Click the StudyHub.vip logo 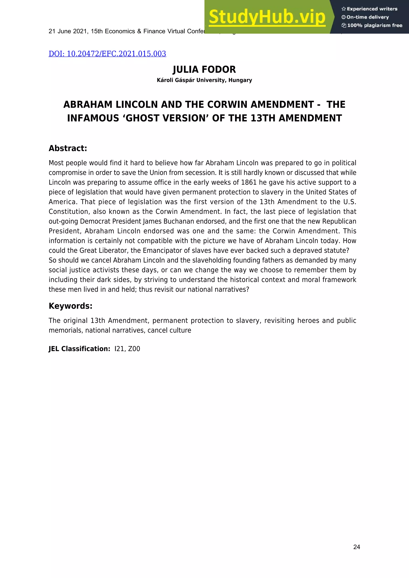pos(267,17)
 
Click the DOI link pos(107,54)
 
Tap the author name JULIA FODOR pos(204,69)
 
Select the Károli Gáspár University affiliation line pos(204,80)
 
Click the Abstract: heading pos(68,148)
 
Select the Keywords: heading pos(70,306)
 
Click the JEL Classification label pos(79,349)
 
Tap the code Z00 pos(134,349)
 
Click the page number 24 pos(357,547)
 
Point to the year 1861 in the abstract pos(249,182)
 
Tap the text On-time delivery pos(367,17)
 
